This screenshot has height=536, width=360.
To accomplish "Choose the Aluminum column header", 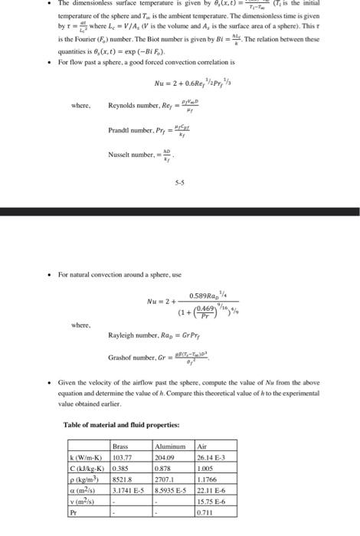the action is [x=170, y=445].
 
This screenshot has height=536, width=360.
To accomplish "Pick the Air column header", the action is [x=201, y=445].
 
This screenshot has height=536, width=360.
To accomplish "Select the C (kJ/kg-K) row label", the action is [x=87, y=466].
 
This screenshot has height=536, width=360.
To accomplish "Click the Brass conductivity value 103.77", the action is [x=123, y=455].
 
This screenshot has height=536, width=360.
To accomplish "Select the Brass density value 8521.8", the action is [x=123, y=476].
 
